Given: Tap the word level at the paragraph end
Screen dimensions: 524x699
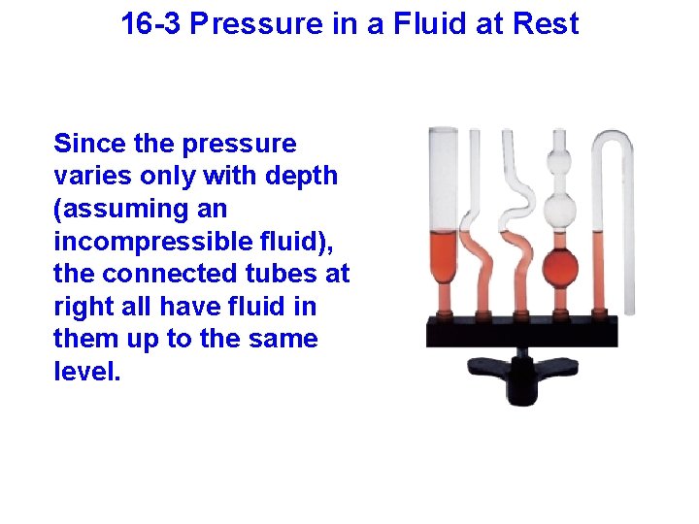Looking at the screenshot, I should tap(85, 372).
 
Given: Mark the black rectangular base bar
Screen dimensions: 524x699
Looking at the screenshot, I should tap(521, 333).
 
